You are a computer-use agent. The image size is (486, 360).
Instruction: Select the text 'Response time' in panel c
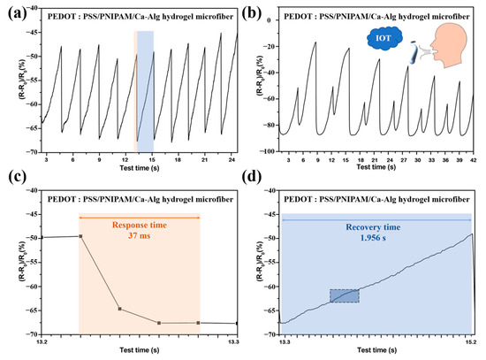(x=140, y=224)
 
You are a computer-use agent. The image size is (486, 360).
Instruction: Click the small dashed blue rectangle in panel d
(x=345, y=296)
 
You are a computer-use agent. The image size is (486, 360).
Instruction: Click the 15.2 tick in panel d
(x=473, y=341)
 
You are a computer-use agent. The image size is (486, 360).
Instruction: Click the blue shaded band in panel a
(x=146, y=88)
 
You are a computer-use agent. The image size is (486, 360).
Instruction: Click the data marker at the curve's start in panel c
(x=80, y=236)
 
